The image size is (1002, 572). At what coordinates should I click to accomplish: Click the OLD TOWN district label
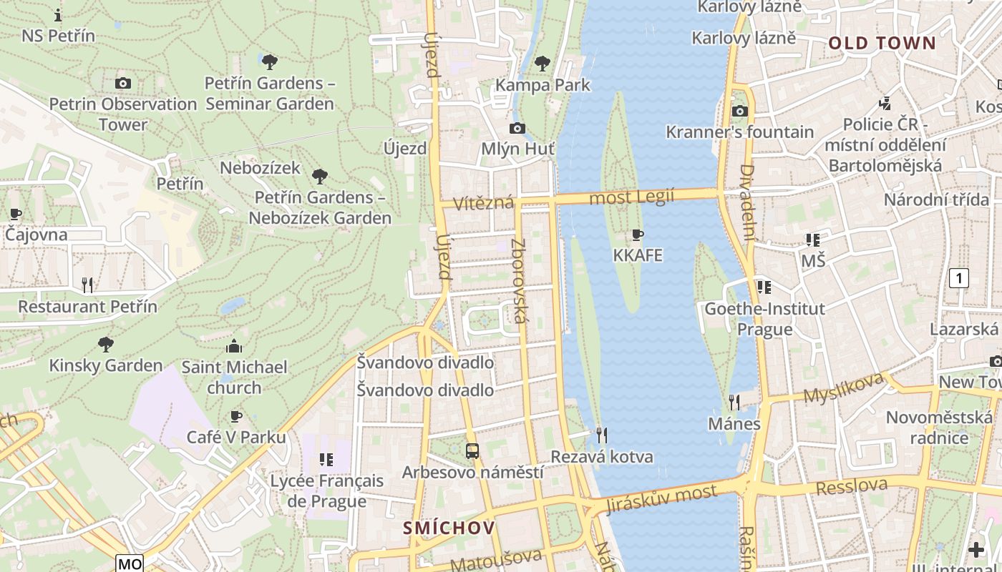[882, 43]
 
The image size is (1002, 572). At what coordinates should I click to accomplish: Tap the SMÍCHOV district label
[449, 528]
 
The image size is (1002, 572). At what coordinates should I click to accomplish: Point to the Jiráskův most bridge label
[661, 499]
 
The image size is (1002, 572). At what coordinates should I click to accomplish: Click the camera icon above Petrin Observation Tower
[123, 83]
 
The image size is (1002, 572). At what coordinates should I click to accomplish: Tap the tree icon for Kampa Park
[543, 64]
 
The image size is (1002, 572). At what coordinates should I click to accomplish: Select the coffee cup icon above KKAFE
[637, 235]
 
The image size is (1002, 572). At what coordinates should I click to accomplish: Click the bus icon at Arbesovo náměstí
[472, 451]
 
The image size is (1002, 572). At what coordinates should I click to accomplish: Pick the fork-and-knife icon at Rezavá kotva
[602, 435]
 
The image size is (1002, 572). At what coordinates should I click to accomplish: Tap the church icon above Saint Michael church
[234, 347]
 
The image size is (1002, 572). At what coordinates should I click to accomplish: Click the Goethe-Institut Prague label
[764, 319]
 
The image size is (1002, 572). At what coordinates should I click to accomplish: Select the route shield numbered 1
[958, 278]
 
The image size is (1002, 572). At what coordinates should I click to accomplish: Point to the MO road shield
[130, 563]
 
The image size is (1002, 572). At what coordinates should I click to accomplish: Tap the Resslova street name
[851, 487]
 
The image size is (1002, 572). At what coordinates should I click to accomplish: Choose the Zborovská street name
[519, 280]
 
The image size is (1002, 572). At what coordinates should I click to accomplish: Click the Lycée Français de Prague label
[326, 490]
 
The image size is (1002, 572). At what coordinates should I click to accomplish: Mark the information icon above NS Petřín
[58, 14]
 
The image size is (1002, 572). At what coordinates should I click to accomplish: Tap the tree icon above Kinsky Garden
[106, 345]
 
